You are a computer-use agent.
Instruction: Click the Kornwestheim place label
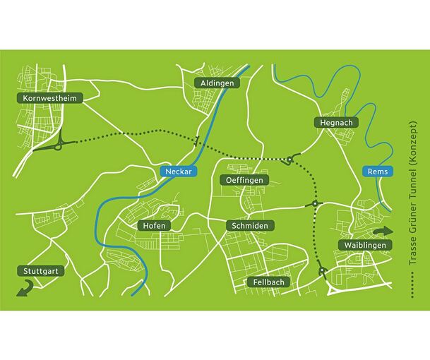(49, 98)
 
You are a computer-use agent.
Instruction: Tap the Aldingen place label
(217, 83)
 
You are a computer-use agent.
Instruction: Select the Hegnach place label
(336, 122)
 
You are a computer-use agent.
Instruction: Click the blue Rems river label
(374, 171)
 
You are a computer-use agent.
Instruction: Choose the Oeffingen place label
(244, 181)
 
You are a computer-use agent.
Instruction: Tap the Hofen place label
(153, 225)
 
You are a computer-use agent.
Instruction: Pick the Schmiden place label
(249, 225)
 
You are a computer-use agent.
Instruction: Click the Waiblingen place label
(364, 244)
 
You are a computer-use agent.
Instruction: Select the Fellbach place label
(268, 282)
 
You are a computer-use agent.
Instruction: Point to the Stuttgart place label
(40, 270)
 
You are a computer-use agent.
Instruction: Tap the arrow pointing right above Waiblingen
(384, 231)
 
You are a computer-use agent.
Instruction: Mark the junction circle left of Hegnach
(289, 160)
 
